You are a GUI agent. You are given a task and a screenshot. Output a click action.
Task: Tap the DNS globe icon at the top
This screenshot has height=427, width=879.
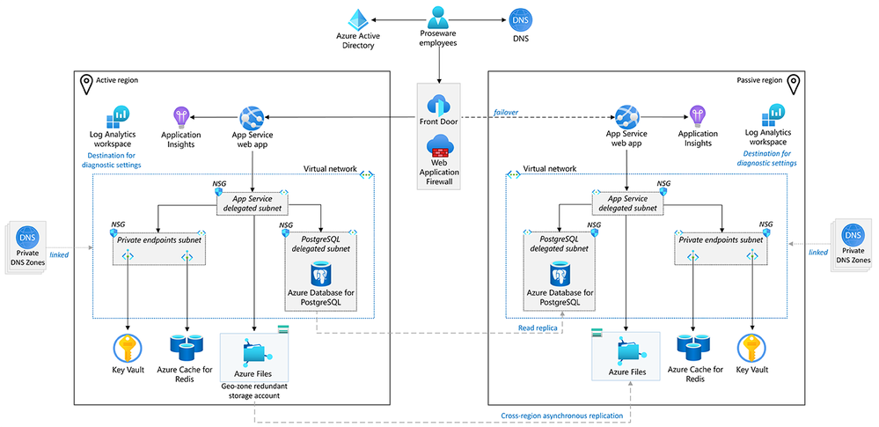(x=520, y=19)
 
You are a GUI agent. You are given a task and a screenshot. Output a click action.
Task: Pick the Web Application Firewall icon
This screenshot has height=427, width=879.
(x=438, y=147)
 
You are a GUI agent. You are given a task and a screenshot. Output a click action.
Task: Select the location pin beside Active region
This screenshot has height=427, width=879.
(x=87, y=83)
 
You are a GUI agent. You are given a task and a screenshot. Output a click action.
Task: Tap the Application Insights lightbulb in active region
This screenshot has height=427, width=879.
(x=181, y=116)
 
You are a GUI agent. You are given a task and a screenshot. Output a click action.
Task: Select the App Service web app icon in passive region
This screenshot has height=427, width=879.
(x=626, y=115)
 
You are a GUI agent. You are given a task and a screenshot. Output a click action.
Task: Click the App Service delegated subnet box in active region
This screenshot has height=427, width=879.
(x=253, y=203)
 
